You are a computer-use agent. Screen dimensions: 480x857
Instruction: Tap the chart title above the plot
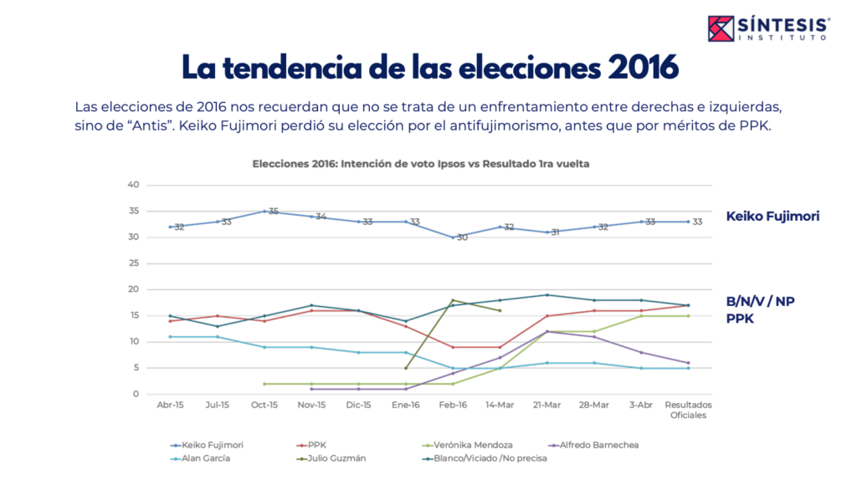point(421,164)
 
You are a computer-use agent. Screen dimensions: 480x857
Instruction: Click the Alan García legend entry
point(205,458)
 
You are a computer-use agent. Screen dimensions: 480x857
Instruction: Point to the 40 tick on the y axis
point(132,185)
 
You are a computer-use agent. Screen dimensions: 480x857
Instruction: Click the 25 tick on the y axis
point(132,263)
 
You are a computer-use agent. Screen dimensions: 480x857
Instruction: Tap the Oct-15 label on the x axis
point(264,406)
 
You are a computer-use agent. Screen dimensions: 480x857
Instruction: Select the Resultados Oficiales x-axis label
point(687,410)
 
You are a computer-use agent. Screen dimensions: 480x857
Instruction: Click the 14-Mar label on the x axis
point(500,406)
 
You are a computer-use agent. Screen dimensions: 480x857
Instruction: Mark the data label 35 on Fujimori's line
point(273,212)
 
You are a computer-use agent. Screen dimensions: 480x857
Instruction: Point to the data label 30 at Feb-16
point(461,238)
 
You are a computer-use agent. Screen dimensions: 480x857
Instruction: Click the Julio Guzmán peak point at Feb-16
point(453,300)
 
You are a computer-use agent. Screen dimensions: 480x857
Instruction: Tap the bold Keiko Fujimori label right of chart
point(772,216)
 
